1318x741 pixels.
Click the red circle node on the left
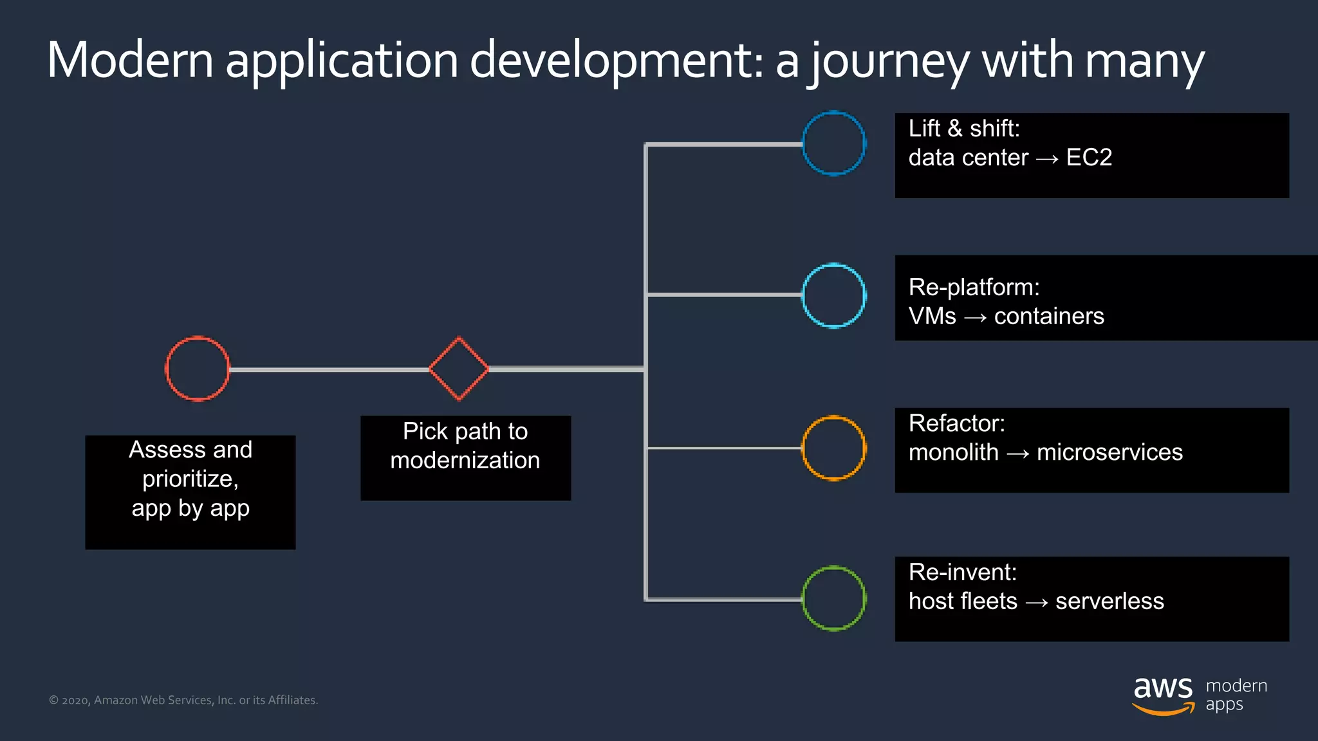pos(197,369)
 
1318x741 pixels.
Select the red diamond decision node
pos(459,369)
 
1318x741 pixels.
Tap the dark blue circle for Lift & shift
pos(833,143)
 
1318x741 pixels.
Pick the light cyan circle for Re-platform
pos(833,296)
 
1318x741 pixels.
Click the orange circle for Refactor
pos(833,448)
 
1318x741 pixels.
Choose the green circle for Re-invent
pos(833,598)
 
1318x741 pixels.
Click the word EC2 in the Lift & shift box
pos(1089,158)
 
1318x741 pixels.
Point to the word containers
pos(1049,316)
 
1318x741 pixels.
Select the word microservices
pos(1109,452)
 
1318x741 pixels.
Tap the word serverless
pos(1109,601)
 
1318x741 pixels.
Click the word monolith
pos(953,452)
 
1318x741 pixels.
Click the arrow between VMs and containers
pos(975,318)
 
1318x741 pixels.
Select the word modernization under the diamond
pos(465,461)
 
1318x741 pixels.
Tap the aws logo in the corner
pos(1162,695)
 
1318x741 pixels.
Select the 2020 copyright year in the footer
pos(75,700)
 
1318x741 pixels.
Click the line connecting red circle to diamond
pos(328,370)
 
